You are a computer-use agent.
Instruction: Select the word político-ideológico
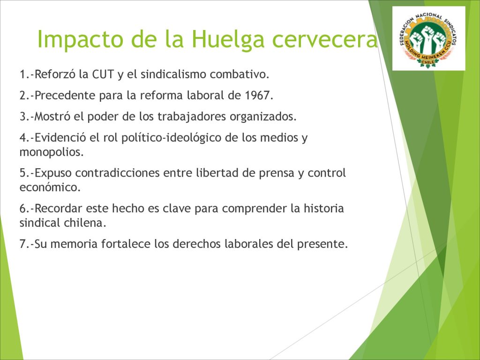tap(171, 138)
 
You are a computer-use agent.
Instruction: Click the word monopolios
tap(52, 152)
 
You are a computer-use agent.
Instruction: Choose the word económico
tap(50, 187)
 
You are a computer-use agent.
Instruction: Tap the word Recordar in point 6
tap(58, 209)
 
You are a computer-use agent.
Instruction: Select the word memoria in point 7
tap(74, 244)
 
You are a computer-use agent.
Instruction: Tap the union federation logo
tap(428, 38)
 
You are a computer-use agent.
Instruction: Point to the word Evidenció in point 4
tap(60, 138)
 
